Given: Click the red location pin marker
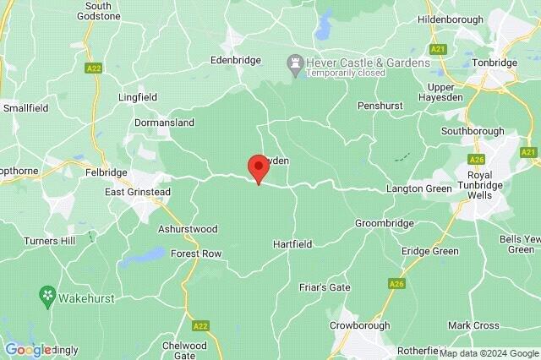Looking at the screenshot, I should (x=258, y=168).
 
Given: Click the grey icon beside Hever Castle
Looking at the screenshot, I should (x=295, y=62).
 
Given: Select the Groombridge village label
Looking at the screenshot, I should (x=385, y=223).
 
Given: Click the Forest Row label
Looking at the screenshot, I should (x=196, y=254).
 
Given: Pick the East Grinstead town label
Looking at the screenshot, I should (x=138, y=192).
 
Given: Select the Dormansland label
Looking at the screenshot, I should (x=164, y=123).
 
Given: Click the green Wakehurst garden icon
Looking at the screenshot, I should (x=48, y=295).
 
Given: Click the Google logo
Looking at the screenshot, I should (x=29, y=349).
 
